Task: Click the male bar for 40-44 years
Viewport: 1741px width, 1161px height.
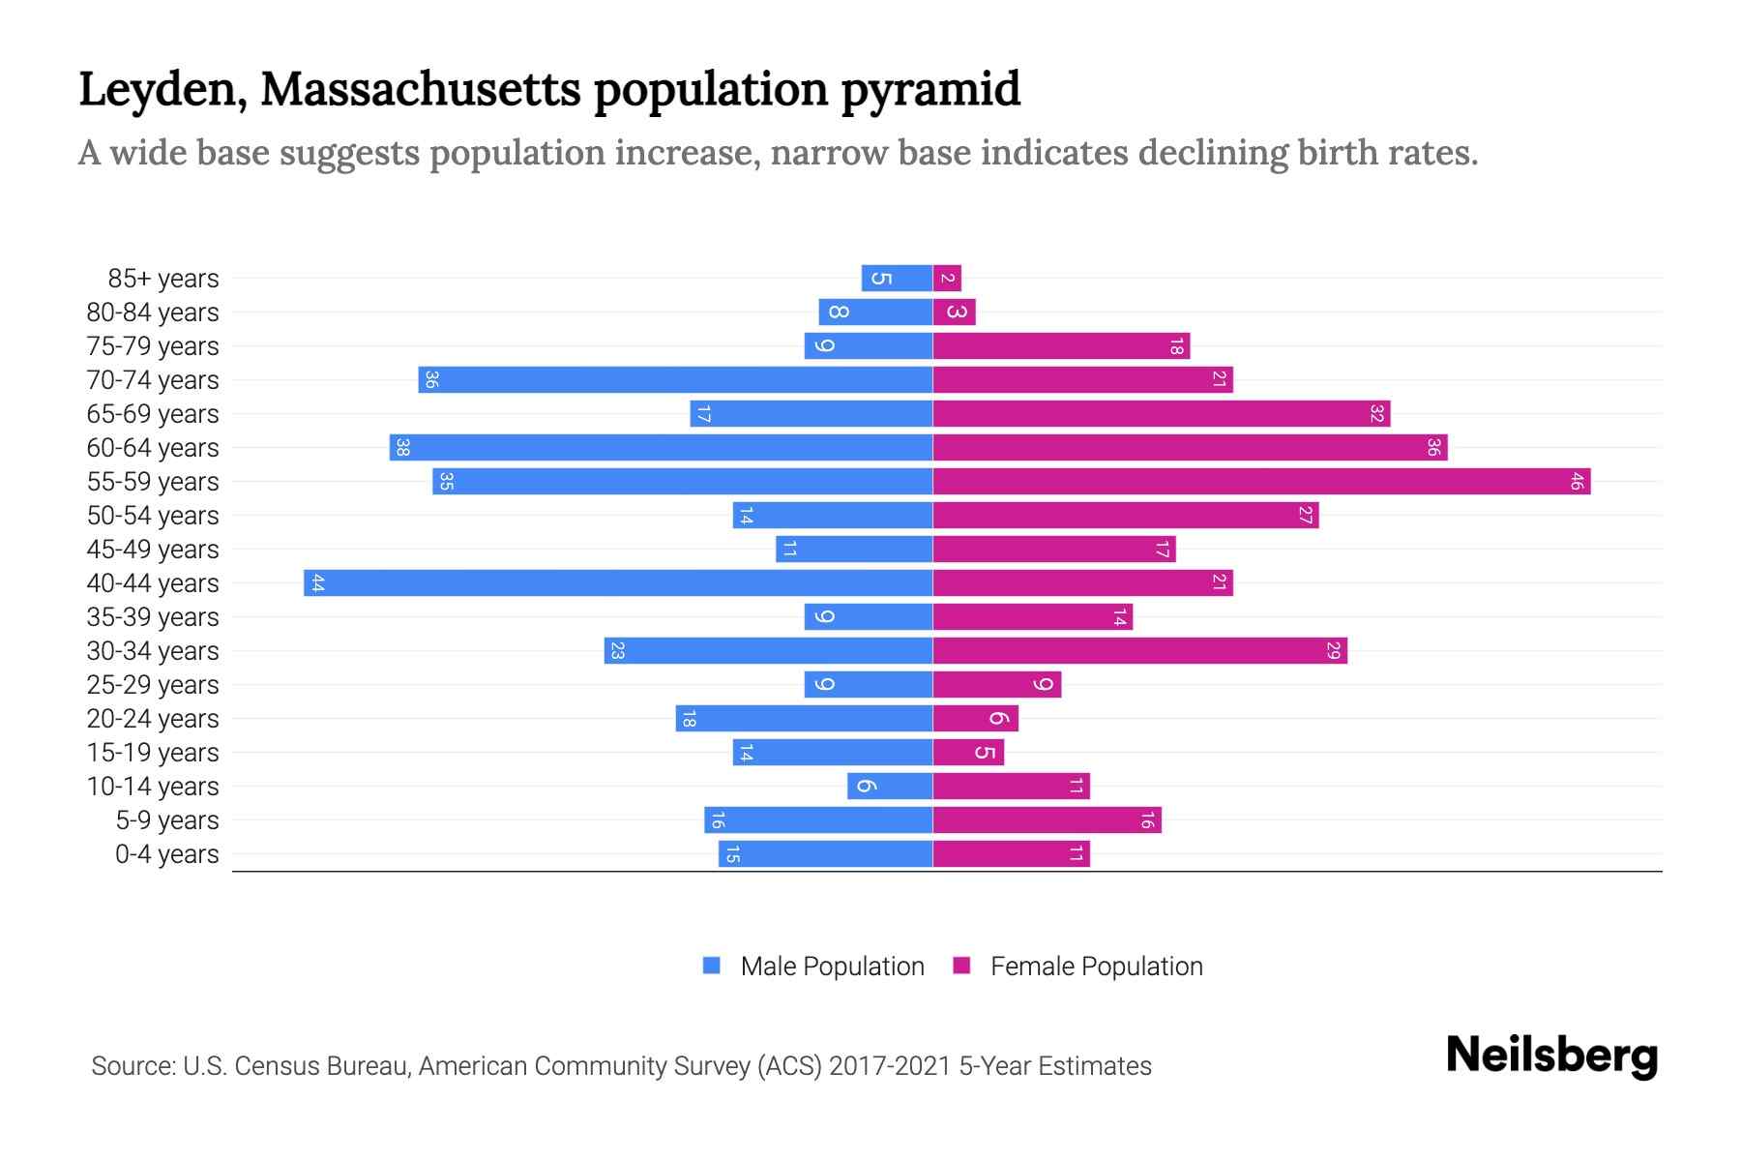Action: click(619, 583)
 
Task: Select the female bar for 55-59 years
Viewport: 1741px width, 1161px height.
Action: click(1261, 482)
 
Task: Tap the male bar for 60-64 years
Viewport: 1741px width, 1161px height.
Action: click(662, 448)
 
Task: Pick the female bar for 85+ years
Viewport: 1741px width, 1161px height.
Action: click(947, 279)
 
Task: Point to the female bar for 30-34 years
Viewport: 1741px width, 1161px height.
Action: click(1139, 651)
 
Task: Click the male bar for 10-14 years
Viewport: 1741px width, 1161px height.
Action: click(890, 787)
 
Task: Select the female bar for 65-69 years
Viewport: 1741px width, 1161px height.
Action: click(1161, 414)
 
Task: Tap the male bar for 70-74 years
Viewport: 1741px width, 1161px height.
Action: click(675, 380)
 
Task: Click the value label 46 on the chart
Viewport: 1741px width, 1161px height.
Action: click(1576, 482)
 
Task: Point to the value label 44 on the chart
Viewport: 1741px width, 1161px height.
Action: click(317, 583)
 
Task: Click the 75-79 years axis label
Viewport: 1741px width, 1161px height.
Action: click(153, 346)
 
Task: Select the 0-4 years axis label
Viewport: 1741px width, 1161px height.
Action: click(166, 854)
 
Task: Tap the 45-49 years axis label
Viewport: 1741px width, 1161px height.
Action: click(153, 550)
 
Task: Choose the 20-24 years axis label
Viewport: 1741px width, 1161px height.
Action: click(153, 719)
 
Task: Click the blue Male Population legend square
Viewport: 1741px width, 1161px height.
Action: click(712, 966)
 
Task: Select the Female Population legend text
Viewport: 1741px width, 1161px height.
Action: click(1096, 967)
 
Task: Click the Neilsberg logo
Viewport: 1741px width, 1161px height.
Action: click(1551, 1056)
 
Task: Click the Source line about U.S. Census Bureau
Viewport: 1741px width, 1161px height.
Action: click(621, 1066)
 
